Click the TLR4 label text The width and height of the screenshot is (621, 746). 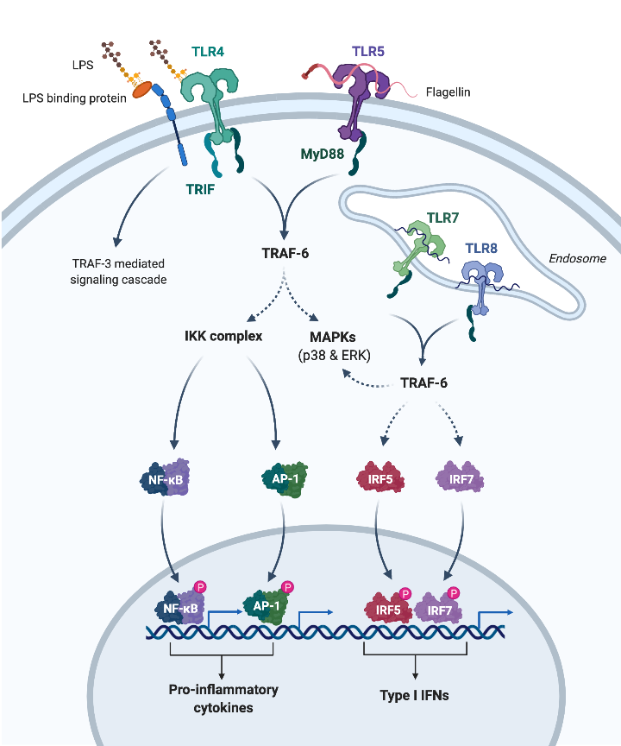pyautogui.click(x=207, y=52)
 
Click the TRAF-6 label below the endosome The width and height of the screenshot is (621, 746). pyautogui.click(x=427, y=381)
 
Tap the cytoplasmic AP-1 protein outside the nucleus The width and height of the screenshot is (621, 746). pyautogui.click(x=279, y=477)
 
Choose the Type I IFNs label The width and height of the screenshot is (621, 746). pyautogui.click(x=416, y=694)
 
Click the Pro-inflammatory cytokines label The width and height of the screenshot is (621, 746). pyautogui.click(x=223, y=698)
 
